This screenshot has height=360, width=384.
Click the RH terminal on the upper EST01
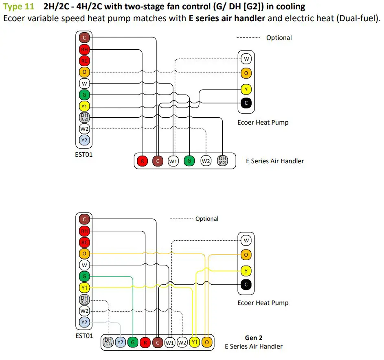click(x=84, y=50)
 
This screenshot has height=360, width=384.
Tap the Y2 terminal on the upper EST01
click(x=84, y=140)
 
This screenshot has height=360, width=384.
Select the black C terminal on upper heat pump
click(x=246, y=103)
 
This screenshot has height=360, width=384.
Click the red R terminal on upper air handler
click(x=142, y=161)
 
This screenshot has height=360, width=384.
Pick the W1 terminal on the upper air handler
click(x=173, y=161)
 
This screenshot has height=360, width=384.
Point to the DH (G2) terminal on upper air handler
click(x=222, y=160)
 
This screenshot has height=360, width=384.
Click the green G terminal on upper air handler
click(x=189, y=161)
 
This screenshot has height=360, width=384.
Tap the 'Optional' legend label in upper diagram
click(x=279, y=37)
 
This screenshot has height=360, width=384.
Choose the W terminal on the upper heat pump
click(x=246, y=59)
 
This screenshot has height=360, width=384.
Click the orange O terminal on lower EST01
click(x=84, y=254)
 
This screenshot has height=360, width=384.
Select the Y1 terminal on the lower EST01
click(x=84, y=288)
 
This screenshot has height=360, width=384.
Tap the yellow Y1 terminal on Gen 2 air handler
click(x=195, y=342)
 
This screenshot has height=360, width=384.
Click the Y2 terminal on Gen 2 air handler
click(x=120, y=342)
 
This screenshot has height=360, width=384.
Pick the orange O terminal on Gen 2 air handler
click(x=207, y=342)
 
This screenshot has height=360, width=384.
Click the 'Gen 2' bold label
click(x=254, y=338)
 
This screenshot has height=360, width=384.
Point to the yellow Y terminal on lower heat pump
click(x=246, y=270)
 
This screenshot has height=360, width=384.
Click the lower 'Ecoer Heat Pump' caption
click(x=263, y=303)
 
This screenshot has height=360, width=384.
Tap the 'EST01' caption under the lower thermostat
click(x=84, y=336)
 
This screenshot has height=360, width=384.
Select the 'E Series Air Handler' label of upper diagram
click(x=275, y=161)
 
